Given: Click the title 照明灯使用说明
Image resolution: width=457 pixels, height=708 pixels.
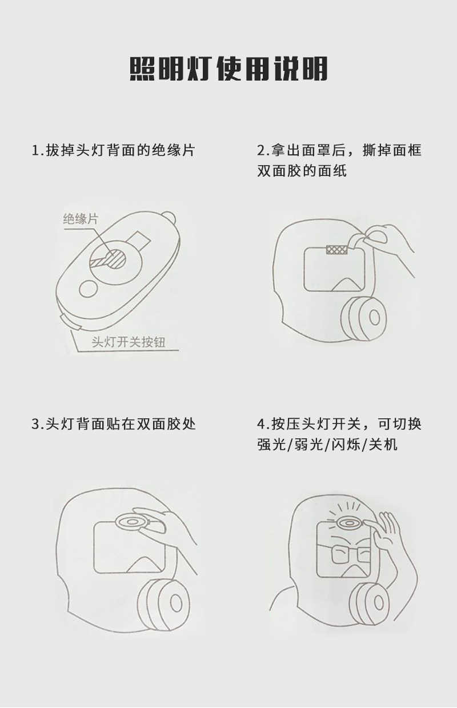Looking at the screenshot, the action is click(229, 69).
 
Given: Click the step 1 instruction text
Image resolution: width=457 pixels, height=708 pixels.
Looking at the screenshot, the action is click(114, 150).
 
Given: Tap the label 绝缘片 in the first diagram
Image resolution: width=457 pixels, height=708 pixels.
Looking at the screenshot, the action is click(81, 219).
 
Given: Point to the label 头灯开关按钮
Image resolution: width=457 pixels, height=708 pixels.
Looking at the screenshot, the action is click(129, 342).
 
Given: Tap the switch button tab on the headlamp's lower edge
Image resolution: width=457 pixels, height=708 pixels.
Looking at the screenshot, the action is click(70, 323).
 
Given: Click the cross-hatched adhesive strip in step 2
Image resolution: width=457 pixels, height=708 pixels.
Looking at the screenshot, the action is click(337, 249).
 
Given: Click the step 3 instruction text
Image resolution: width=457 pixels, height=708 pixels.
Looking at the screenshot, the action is click(114, 424).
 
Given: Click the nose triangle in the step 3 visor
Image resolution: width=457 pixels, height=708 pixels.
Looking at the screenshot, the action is click(145, 563).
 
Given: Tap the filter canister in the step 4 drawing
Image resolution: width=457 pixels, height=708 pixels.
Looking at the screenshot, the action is click(372, 603).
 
